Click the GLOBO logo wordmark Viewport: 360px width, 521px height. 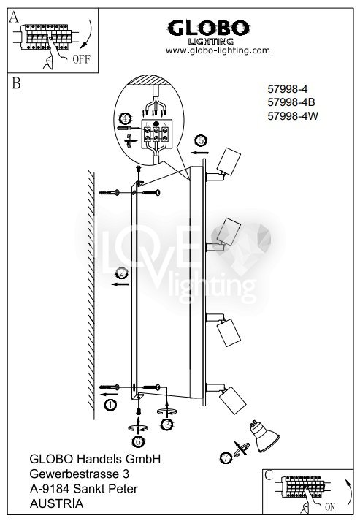pyautogui.click(x=208, y=28)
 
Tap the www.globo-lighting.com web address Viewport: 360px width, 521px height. pyautogui.click(x=218, y=50)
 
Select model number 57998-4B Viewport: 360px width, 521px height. pyautogui.click(x=291, y=102)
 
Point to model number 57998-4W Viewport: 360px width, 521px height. pyautogui.click(x=293, y=116)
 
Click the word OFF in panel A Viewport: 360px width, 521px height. pyautogui.click(x=81, y=59)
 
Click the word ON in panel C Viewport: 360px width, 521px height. pyautogui.click(x=330, y=507)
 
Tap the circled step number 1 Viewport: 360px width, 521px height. pyautogui.click(x=110, y=405)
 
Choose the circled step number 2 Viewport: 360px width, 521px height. pyautogui.click(x=121, y=273)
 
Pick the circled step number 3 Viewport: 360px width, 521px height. pyautogui.click(x=166, y=425)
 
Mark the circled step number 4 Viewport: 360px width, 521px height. pyautogui.click(x=125, y=118)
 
